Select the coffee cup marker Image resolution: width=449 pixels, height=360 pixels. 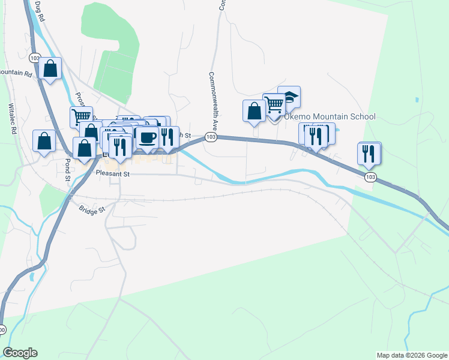pos(147,137)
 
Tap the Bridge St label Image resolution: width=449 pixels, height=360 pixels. pos(92,209)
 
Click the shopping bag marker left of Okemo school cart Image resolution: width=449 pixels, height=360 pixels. pos(254,110)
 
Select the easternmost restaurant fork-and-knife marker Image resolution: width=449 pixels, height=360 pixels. pos(370,153)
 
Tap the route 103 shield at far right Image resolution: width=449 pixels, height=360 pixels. pos(370,176)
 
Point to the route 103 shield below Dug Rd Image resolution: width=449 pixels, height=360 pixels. pos(34,58)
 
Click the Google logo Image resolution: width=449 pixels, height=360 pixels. pos(20,353)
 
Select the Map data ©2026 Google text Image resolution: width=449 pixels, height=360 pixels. pos(412,355)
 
